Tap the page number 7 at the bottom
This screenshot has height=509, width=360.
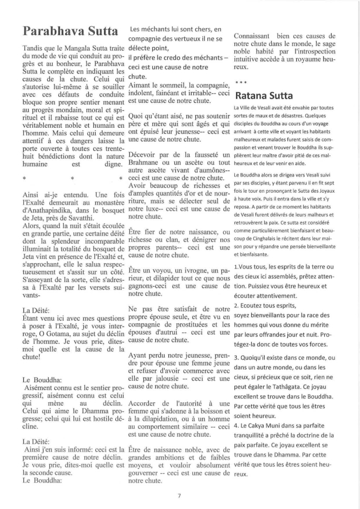(180, 494)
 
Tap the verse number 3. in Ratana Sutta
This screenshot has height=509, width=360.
(237, 358)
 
